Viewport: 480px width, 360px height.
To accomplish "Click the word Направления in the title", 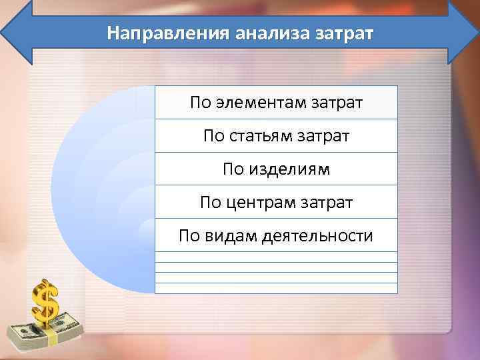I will [x=166, y=33].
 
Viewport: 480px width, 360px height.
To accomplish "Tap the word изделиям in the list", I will [x=289, y=169].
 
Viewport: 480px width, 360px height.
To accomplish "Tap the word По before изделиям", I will [x=234, y=169].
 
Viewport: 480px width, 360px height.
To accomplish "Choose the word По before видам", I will [x=191, y=235].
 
